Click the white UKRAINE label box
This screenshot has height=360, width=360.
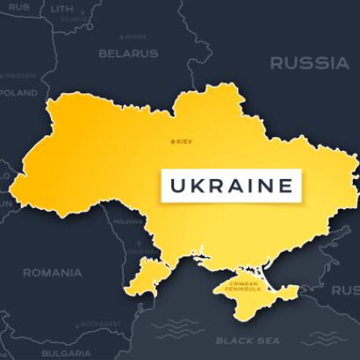[230, 186]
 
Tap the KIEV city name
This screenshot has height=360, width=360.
[184, 142]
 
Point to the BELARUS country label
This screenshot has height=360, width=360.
[128, 53]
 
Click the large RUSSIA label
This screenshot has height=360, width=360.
[308, 63]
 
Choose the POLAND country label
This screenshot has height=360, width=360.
[18, 92]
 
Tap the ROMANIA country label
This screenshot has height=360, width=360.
[53, 272]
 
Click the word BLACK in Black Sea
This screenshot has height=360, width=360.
[234, 339]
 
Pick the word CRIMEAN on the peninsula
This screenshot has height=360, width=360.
[241, 283]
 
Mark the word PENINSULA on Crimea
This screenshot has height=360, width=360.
[241, 289]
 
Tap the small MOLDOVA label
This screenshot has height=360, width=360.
[128, 222]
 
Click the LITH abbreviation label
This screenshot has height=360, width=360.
[61, 7]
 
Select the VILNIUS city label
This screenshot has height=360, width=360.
[76, 18]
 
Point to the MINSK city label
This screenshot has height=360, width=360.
[133, 37]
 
